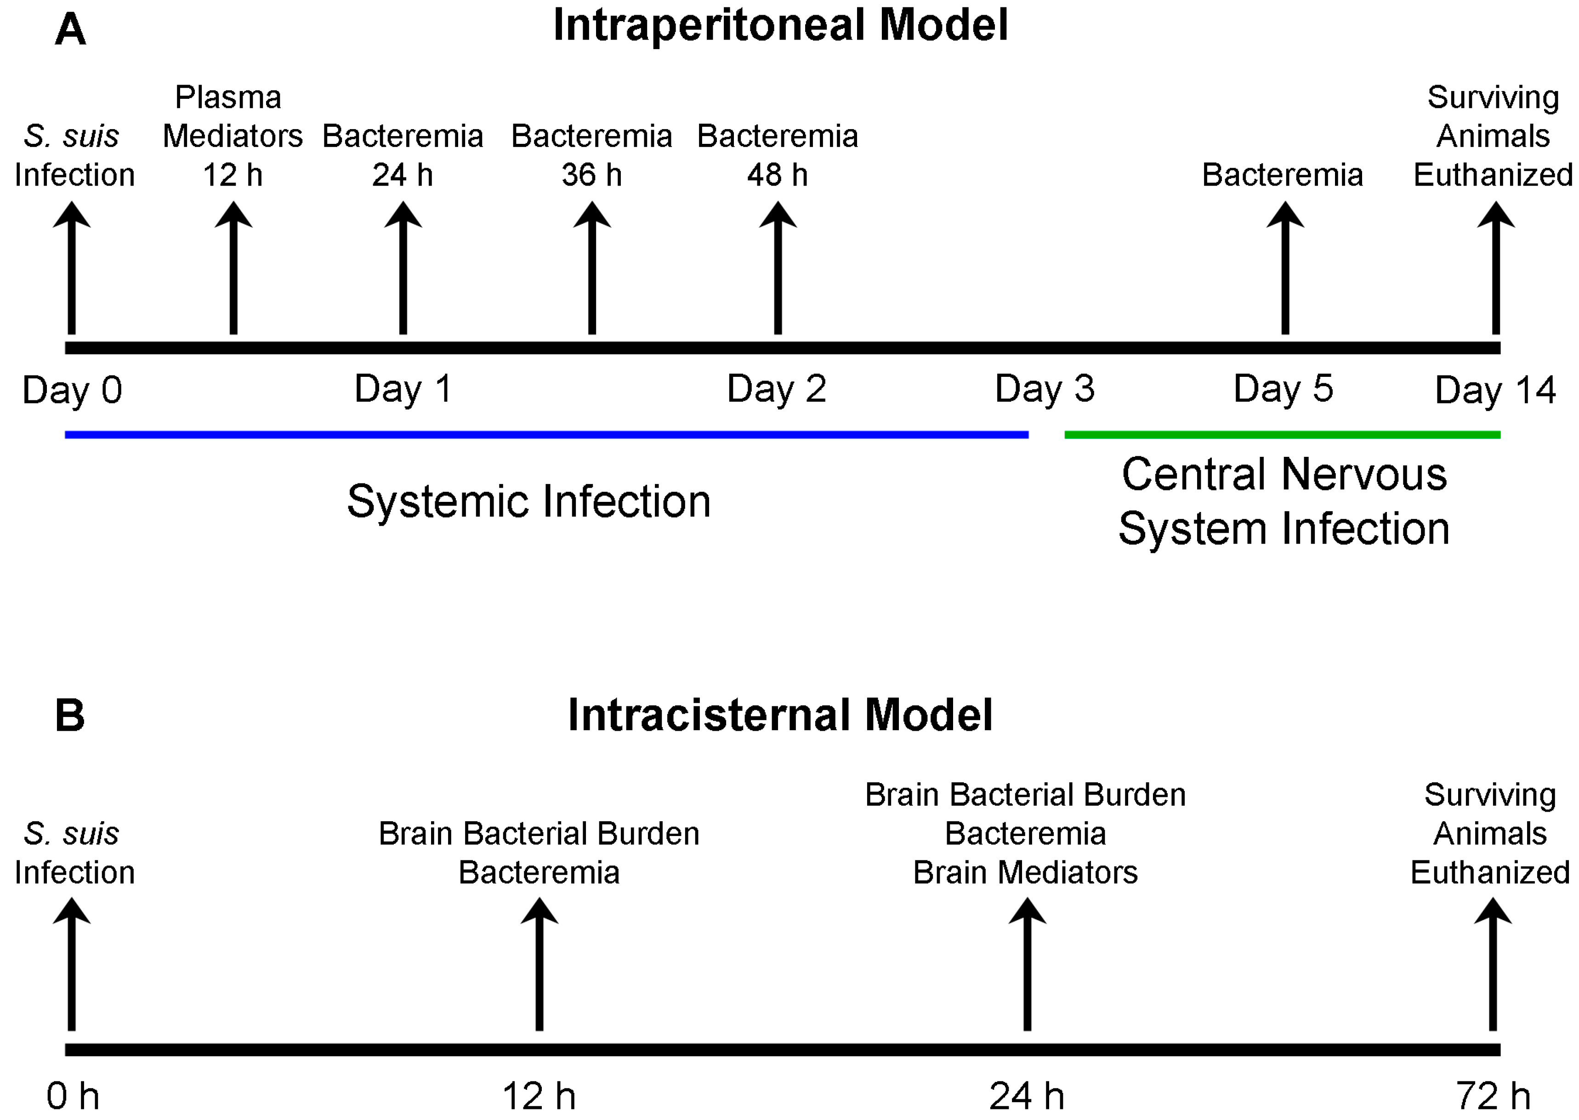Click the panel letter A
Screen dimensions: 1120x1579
[70, 30]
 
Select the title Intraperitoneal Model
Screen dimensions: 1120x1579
[780, 26]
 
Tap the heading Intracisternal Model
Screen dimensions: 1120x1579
[780, 715]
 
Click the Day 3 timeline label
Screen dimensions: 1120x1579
[1044, 389]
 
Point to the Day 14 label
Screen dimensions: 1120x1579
[1495, 390]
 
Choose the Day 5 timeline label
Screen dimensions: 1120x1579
[1283, 389]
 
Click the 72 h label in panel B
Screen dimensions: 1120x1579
[1492, 1095]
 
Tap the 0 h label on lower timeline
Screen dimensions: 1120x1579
[73, 1095]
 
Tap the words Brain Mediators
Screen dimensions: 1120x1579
[1025, 872]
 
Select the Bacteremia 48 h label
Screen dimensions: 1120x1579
[777, 155]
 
